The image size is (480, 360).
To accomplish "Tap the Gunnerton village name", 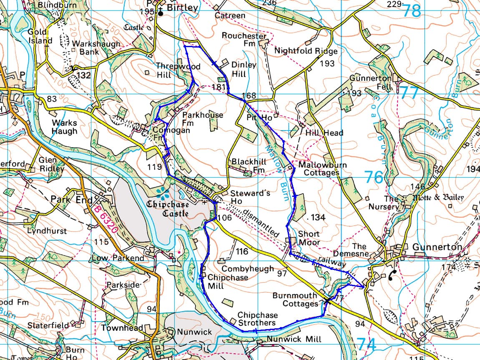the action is [437, 247].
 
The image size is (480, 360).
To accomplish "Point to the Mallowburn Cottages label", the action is [322, 169].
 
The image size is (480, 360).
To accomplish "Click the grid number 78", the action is [412, 11].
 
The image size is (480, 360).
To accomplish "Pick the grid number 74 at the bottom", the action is [367, 345].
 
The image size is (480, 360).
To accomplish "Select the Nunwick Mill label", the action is [294, 339].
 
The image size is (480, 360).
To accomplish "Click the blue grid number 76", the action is [374, 177].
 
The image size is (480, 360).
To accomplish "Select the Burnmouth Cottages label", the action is [295, 299].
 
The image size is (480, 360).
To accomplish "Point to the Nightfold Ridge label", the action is [306, 51].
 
